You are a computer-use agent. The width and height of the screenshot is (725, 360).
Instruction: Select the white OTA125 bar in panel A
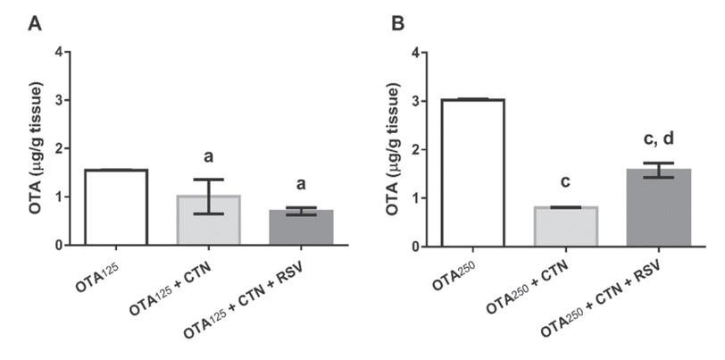click(x=116, y=207)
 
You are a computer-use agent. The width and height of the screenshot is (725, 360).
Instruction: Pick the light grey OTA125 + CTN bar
click(x=208, y=220)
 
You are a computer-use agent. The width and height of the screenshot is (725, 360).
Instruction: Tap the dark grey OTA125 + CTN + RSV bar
click(x=301, y=228)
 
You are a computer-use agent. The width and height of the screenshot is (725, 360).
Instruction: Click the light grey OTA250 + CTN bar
click(x=564, y=225)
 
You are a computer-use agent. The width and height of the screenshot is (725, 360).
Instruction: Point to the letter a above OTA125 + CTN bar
click(x=208, y=157)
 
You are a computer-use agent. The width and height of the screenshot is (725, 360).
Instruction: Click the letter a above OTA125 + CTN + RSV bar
click(x=301, y=185)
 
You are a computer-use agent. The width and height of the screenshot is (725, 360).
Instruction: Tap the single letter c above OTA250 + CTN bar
click(x=564, y=182)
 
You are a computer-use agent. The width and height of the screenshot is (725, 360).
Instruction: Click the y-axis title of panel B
click(x=395, y=148)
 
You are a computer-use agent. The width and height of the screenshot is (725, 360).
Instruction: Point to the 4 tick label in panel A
click(x=59, y=52)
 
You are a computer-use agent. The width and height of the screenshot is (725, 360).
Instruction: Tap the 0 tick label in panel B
click(x=413, y=246)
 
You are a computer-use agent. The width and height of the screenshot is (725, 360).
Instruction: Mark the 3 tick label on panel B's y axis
click(x=413, y=100)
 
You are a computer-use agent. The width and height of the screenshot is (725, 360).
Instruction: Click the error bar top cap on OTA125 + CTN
click(x=208, y=180)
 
